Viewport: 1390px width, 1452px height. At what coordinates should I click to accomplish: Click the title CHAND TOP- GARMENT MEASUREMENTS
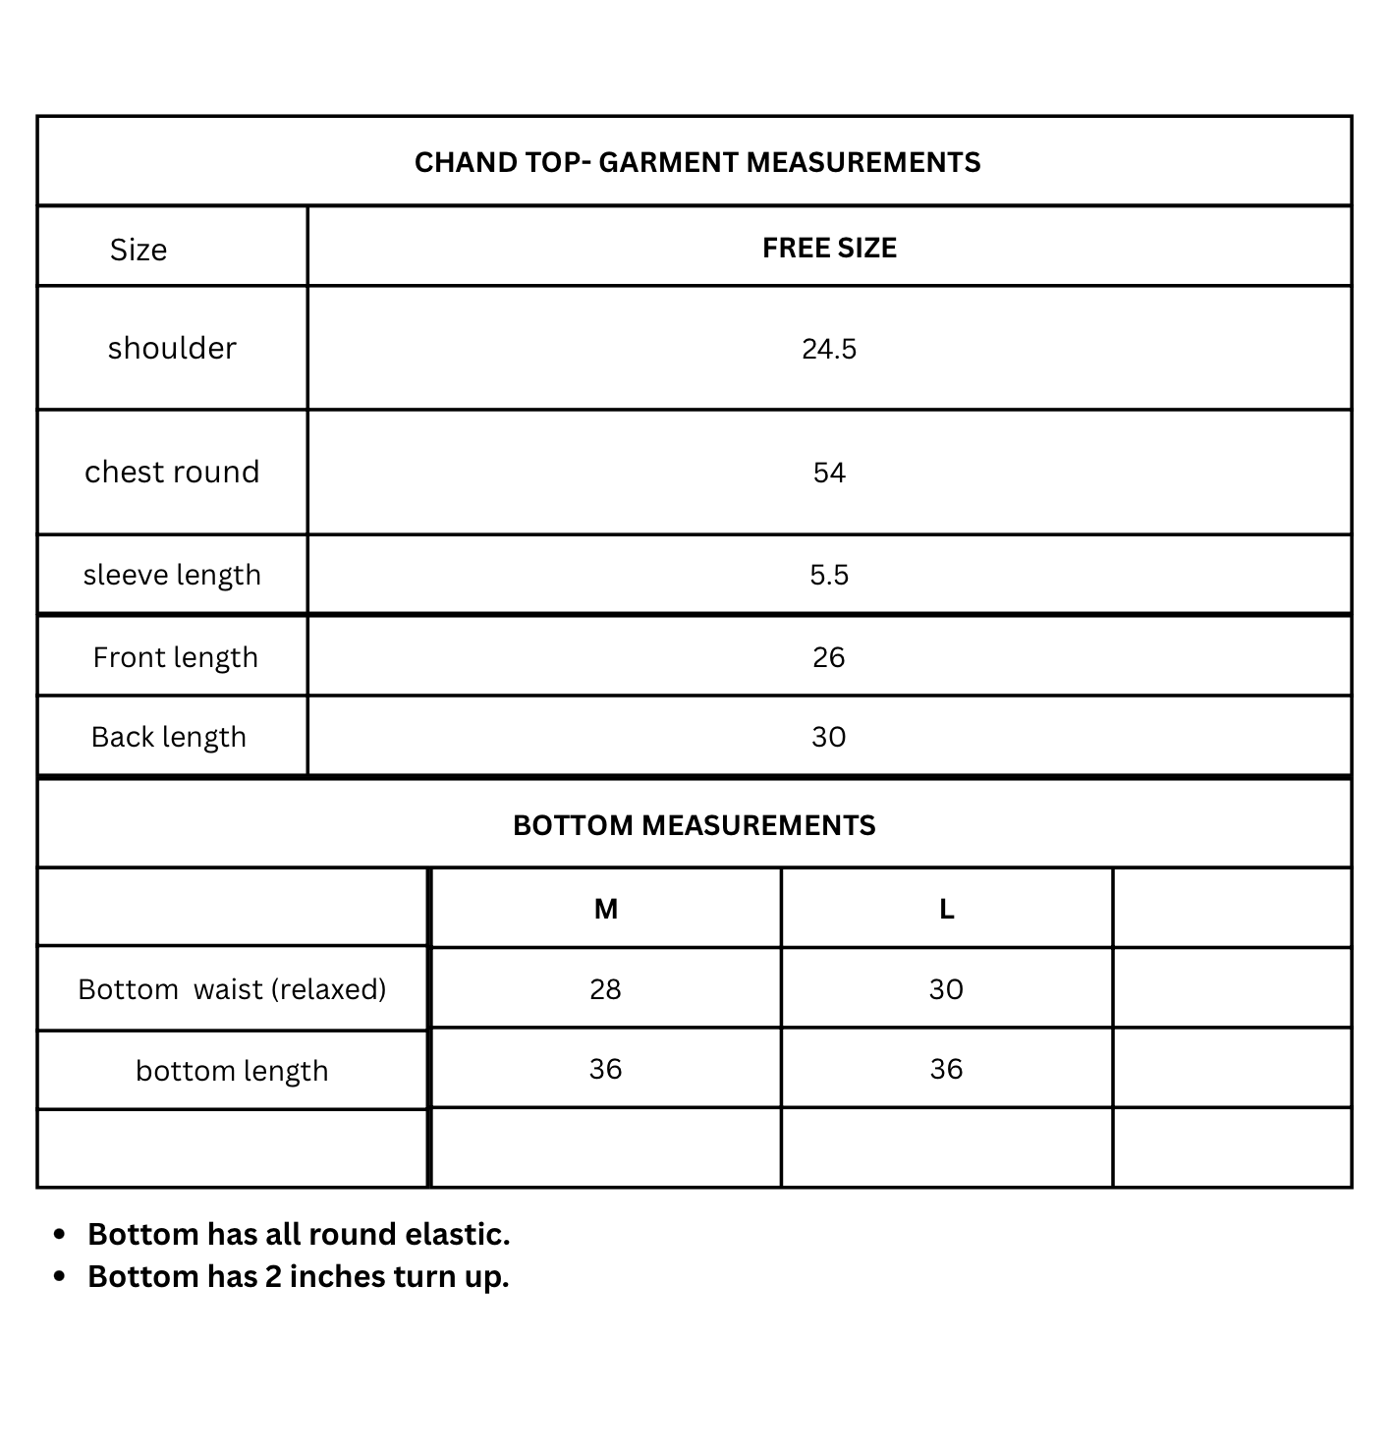coord(696,162)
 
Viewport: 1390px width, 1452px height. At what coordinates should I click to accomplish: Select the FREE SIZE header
coord(829,248)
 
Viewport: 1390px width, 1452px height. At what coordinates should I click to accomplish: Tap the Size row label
coord(139,250)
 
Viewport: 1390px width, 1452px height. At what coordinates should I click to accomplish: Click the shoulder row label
coord(172,348)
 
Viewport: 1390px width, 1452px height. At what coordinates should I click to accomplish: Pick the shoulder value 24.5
coord(829,349)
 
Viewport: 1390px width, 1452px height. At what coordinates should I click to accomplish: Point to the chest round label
coord(172,472)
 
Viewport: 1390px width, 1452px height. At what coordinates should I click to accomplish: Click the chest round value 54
coord(829,473)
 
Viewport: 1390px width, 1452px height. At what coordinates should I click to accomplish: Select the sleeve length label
coord(172,575)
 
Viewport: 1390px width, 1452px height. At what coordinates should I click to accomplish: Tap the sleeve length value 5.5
coord(829,575)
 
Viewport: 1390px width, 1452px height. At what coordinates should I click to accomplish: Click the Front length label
coord(175,657)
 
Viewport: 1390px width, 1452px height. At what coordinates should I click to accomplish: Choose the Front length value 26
coord(829,657)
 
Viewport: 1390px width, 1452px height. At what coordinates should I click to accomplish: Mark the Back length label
coord(169,737)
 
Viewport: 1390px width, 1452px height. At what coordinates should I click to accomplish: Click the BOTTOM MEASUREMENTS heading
coord(694,825)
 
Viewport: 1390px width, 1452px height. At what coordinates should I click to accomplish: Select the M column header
coord(606,910)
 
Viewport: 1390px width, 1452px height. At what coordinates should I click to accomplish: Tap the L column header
coord(947,910)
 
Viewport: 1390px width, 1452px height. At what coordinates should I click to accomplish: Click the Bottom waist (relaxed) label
coord(232,988)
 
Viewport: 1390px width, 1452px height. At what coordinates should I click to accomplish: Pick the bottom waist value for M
coord(605,989)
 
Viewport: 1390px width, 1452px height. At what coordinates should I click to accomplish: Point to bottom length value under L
coord(946,1069)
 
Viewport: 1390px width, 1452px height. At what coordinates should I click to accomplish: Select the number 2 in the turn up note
coord(272,1276)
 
